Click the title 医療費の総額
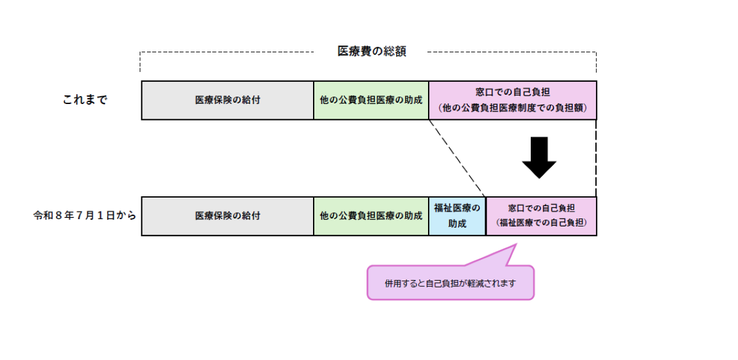tap(371, 52)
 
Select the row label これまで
tap(85, 100)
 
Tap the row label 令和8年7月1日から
tap(84, 217)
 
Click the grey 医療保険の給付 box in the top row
tap(228, 100)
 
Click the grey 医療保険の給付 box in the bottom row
tap(228, 217)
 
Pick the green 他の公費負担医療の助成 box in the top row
tap(371, 100)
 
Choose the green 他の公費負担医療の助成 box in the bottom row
tap(371, 217)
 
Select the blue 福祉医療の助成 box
tap(457, 217)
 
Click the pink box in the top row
tap(512, 100)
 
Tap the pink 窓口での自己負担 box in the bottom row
tap(541, 217)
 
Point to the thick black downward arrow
tap(539, 158)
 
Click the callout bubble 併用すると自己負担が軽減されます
tap(450, 284)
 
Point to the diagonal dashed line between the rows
tap(458, 158)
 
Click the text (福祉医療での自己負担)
tap(541, 223)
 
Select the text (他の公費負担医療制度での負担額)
tap(512, 108)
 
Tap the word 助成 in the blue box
tap(457, 224)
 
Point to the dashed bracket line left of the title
tap(228, 52)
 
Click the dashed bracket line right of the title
tap(510, 52)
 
